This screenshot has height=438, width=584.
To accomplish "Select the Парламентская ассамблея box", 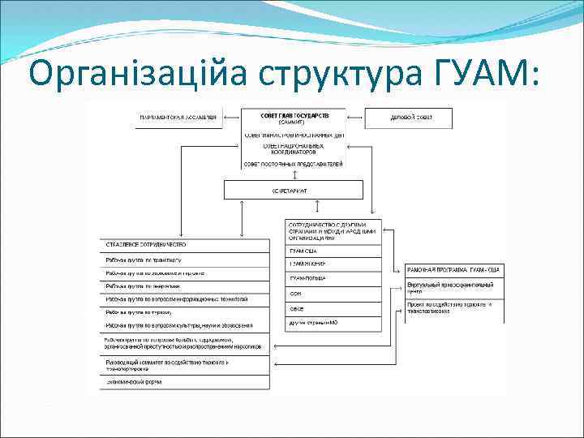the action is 178,118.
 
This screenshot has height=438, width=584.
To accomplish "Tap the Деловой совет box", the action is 411,118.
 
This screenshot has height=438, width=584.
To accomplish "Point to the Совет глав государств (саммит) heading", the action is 294,117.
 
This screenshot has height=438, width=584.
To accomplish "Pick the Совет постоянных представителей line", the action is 294,164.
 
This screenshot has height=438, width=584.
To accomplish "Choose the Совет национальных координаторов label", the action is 294,149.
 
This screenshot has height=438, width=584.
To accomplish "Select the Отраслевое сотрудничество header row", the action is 185,244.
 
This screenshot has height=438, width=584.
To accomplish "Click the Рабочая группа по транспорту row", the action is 185,260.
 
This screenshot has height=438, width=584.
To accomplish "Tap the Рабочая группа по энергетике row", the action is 185,286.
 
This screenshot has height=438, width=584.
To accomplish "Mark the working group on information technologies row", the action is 185,298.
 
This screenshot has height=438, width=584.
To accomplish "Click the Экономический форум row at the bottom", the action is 185,380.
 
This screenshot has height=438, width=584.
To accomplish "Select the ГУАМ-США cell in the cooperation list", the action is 333,251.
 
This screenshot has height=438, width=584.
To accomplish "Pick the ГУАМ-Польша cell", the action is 333,278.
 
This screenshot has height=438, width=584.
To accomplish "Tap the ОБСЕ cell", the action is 333,308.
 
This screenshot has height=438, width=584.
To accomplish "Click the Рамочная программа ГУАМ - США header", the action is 454,269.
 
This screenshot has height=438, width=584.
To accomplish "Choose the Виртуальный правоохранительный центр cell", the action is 454,288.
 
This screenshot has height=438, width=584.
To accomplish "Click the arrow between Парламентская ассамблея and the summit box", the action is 231,118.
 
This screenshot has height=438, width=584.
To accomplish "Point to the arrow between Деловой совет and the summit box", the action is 356,118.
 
